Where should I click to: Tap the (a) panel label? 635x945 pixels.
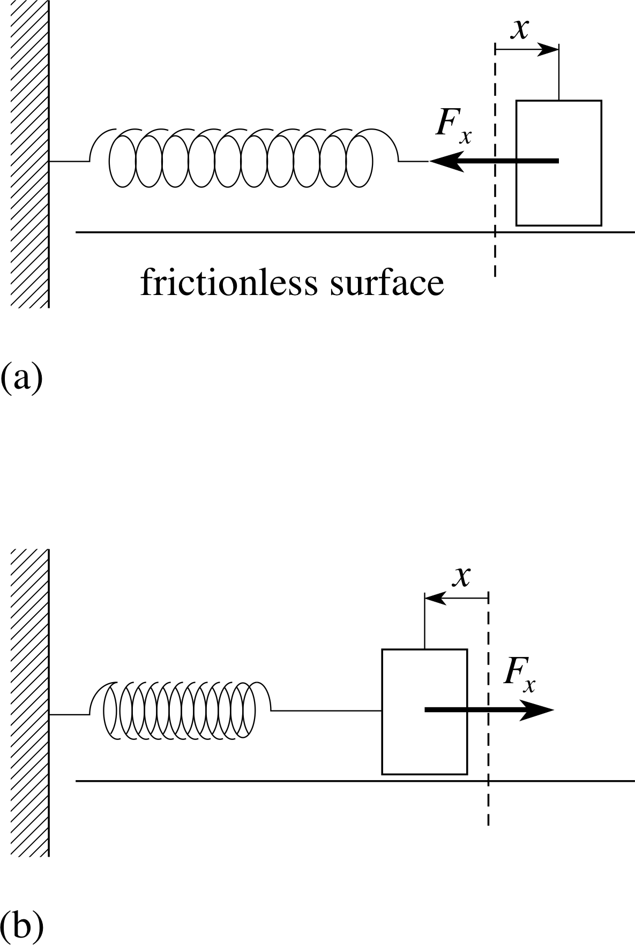tap(21, 378)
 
